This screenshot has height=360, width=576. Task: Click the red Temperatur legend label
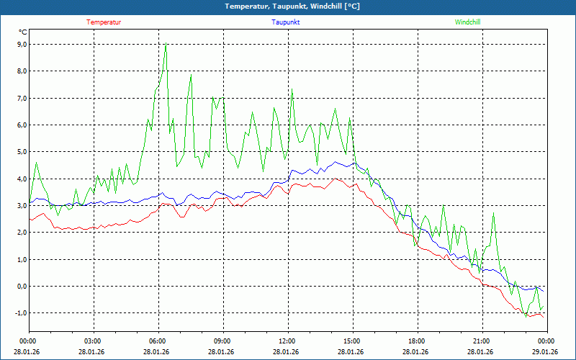coord(104,22)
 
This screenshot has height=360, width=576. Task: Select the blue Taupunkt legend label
coord(285,22)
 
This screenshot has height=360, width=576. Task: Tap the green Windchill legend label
coord(467,22)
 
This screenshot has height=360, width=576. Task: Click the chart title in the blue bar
coord(292,6)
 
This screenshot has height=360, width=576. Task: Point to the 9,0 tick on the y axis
coord(22,45)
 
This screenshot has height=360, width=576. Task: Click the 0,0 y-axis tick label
coord(22,286)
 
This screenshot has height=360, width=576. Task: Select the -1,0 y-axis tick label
coord(22,313)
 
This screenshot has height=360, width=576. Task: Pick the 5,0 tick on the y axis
coord(22,152)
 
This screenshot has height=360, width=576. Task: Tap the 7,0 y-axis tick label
coord(22,98)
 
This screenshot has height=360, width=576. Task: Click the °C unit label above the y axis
coord(23,32)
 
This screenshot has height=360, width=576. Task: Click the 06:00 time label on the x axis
coord(158,341)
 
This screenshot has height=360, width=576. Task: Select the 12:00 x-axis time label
coord(289,341)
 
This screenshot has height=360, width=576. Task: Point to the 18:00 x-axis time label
coord(418,341)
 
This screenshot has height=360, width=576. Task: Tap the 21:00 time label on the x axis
coord(482,341)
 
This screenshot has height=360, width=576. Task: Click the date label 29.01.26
coord(547,351)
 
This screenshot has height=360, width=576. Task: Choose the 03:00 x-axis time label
coord(94,341)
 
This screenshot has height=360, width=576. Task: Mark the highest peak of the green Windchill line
coord(166,43)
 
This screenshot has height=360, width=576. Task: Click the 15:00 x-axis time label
coord(353,341)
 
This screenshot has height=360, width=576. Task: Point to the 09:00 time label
coord(223,341)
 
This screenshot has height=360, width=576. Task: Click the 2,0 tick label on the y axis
coord(22,233)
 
